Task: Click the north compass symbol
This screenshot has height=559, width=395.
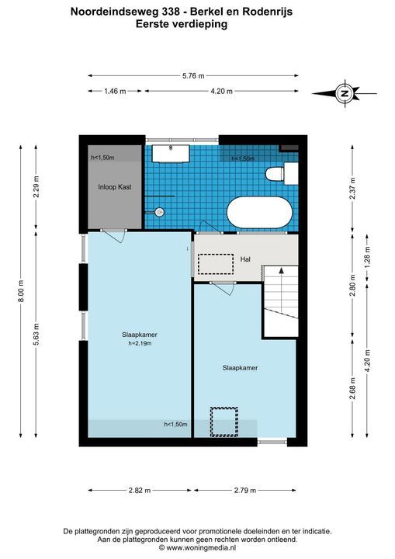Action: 345,93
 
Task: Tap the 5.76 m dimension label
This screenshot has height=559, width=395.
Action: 193,75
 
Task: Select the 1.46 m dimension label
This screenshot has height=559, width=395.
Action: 115,92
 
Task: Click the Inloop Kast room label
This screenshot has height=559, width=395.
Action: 115,187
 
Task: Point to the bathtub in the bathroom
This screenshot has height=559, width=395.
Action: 259,212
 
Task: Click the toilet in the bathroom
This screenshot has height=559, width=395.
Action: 282,174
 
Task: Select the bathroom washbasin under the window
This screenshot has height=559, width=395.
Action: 171,154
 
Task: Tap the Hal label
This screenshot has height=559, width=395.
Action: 245,259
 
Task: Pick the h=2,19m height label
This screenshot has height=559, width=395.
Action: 140,344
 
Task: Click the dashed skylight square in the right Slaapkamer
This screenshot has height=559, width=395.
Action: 223,422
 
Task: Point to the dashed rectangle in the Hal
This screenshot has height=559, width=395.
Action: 215,264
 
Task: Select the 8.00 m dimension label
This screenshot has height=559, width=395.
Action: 21,291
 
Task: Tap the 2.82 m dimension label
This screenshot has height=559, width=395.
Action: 140,490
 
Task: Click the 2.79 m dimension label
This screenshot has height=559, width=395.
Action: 245,490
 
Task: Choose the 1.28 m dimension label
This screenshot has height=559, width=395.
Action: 368,257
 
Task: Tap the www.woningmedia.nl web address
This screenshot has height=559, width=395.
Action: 201,547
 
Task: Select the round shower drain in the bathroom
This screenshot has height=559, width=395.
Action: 160,212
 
